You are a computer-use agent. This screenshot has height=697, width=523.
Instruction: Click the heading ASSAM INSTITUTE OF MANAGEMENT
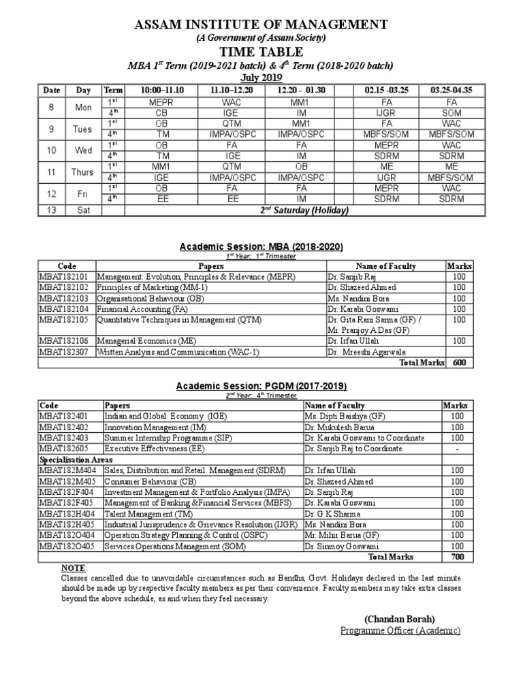261,25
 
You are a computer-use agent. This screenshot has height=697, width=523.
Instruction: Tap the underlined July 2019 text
261,78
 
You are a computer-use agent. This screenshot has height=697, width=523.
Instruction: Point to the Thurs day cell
83,172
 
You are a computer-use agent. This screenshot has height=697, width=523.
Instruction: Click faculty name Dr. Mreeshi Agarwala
368,351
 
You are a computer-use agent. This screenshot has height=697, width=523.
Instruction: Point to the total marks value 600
459,362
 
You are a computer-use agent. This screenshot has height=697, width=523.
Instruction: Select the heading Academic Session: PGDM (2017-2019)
261,386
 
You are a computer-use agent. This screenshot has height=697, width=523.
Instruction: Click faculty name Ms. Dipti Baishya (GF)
345,416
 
